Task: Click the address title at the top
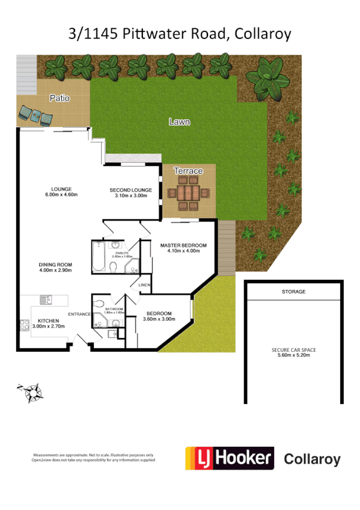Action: click(x=180, y=34)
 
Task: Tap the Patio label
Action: click(x=59, y=98)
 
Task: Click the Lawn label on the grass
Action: click(x=179, y=121)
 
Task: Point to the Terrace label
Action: click(x=188, y=171)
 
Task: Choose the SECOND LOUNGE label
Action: click(x=130, y=194)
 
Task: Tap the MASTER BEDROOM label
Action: click(x=183, y=248)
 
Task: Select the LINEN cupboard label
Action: click(x=144, y=284)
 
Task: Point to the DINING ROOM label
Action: click(x=55, y=267)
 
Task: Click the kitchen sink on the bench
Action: click(x=46, y=299)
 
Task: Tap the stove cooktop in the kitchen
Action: click(x=25, y=325)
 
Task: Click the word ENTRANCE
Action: click(x=79, y=315)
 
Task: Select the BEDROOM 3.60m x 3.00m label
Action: click(x=159, y=316)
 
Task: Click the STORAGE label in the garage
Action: click(x=293, y=292)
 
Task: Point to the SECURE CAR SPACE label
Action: click(x=293, y=352)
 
